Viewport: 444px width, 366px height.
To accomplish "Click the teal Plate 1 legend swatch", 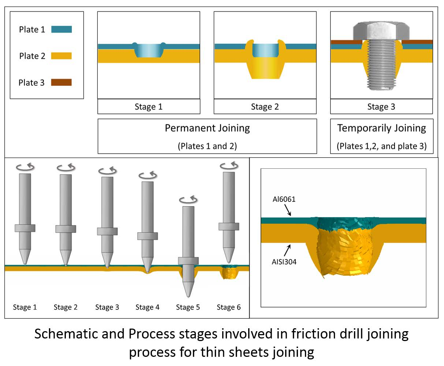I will (61, 29).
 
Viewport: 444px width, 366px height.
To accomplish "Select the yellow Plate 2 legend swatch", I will (61, 56).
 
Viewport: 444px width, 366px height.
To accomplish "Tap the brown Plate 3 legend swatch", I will (61, 83).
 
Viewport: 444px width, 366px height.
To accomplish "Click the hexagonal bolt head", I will (381, 30).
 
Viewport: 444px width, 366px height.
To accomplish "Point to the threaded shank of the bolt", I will (381, 66).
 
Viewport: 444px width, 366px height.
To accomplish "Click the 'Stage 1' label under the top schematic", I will (149, 107).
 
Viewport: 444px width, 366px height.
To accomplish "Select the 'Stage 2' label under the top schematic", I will (265, 107).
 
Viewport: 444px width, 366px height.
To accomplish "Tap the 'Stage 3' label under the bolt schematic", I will (381, 107).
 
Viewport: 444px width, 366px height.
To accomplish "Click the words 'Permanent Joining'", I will (207, 128).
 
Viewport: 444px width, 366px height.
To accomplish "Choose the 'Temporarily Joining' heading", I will (381, 128).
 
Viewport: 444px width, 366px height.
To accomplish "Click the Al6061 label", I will (284, 200).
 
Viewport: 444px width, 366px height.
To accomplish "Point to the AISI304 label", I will (284, 262).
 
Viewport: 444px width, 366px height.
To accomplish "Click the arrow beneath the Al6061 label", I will (288, 210).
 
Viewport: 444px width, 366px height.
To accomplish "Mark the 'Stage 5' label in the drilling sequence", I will (188, 307).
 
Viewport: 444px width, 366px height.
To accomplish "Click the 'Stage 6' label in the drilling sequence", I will (228, 307).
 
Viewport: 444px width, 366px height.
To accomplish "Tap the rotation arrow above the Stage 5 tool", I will (188, 200).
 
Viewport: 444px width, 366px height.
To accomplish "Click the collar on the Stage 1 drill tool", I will (25, 228).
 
